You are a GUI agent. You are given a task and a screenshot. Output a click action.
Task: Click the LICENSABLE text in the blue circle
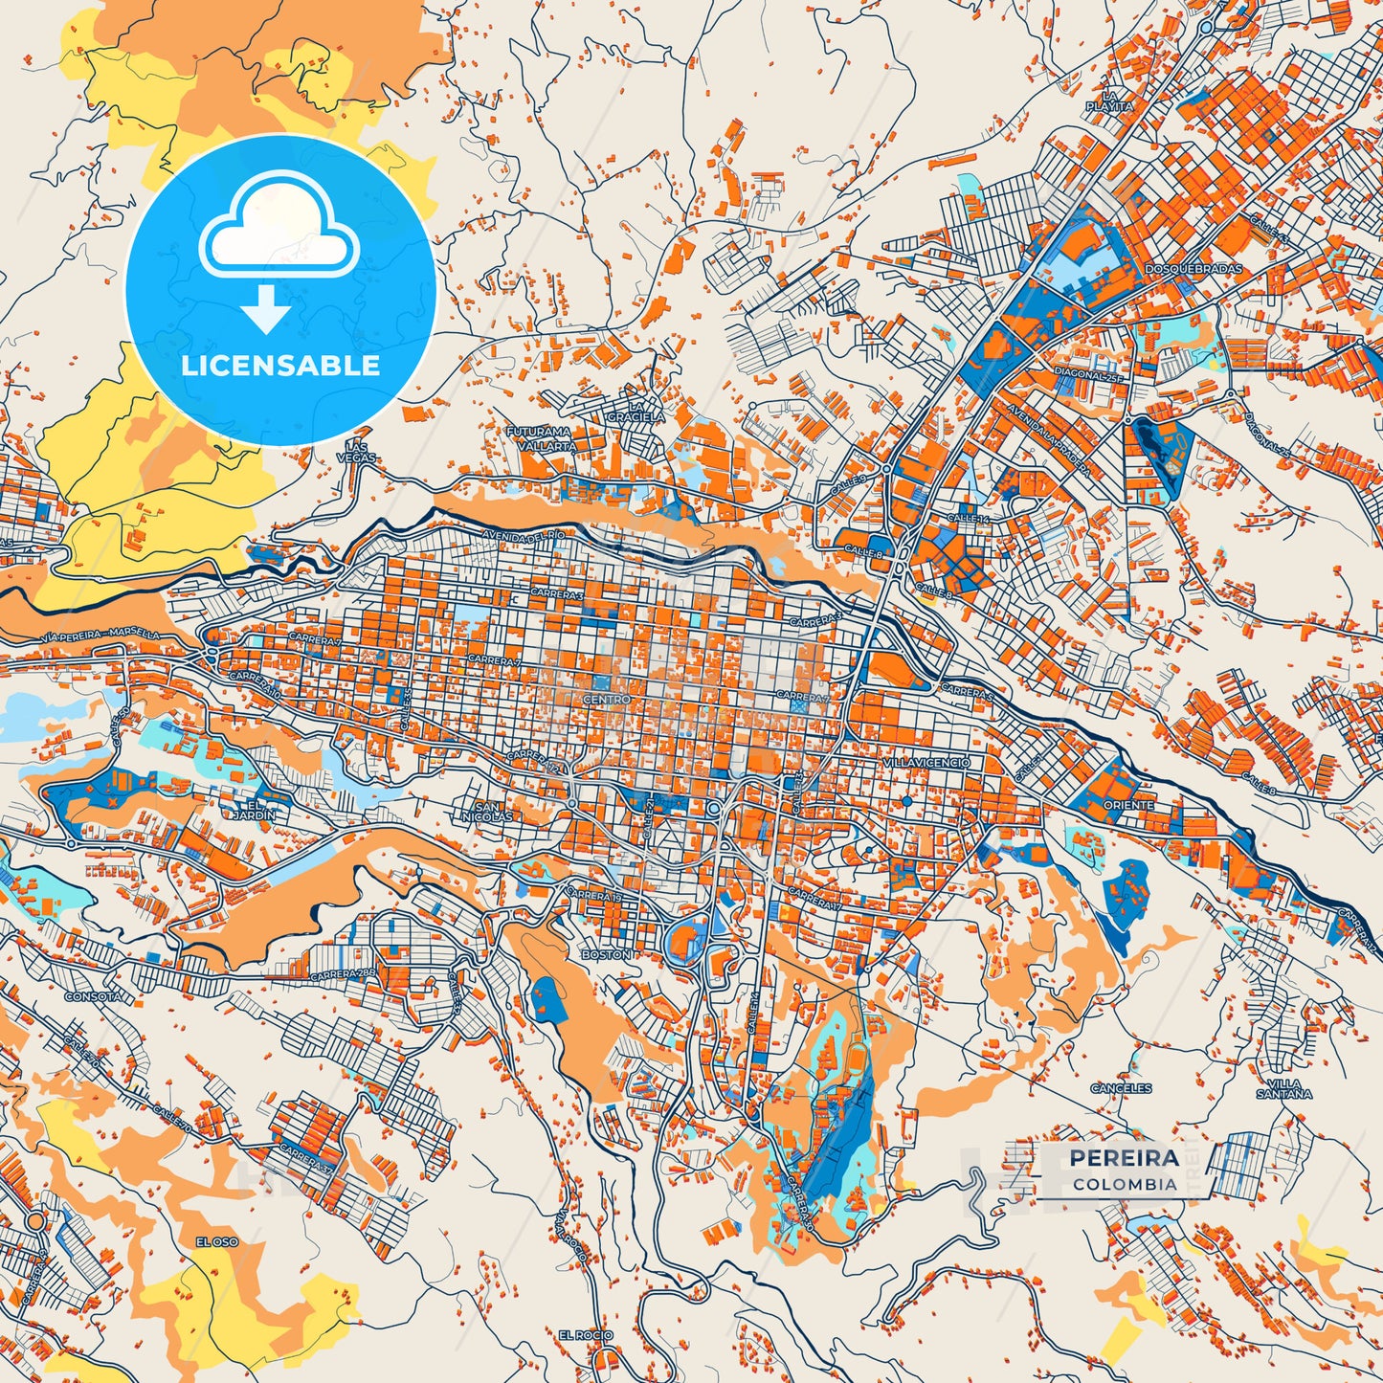[281, 366]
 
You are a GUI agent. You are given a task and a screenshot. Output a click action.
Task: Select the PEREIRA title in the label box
[1124, 1158]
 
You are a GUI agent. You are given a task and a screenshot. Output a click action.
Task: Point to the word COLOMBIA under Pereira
[1125, 1184]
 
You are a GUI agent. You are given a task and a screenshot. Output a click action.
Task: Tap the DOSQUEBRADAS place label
[1193, 269]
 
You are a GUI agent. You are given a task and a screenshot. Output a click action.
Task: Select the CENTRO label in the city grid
[607, 700]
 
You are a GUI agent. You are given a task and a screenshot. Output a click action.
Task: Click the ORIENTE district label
[1128, 805]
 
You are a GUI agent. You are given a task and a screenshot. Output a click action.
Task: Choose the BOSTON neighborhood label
[606, 954]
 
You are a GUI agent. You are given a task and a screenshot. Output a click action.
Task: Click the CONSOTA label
[93, 996]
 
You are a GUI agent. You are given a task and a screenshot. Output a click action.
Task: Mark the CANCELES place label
[1121, 1088]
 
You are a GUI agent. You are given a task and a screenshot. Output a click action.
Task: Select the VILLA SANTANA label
[1283, 1087]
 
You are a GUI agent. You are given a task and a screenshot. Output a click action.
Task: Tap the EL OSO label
[216, 1241]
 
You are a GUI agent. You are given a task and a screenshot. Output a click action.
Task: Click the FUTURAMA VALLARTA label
[541, 439]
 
